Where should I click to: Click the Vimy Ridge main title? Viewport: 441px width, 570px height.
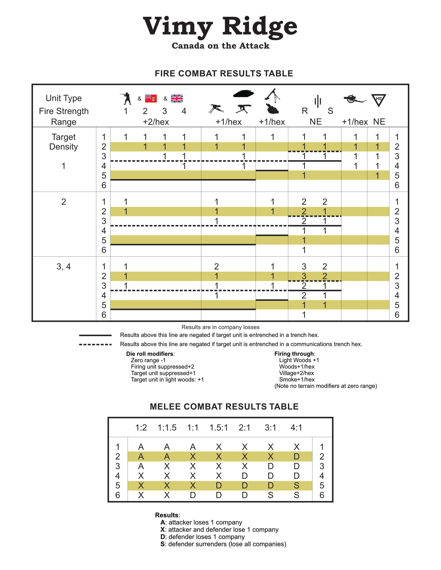[x=220, y=27]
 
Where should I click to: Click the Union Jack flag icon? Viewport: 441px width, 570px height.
[x=177, y=99]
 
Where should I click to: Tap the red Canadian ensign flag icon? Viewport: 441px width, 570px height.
[x=151, y=98]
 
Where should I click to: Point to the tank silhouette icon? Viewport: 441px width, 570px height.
[x=243, y=93]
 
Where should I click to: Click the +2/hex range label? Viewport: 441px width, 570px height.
[x=156, y=122]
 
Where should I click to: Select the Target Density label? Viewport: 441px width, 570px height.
[x=63, y=142]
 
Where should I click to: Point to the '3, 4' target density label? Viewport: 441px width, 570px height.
[x=63, y=266]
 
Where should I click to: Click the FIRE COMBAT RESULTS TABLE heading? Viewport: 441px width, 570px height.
[x=224, y=74]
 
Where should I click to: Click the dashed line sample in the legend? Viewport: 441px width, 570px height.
[x=95, y=345]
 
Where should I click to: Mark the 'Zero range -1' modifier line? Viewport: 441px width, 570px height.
[x=148, y=360]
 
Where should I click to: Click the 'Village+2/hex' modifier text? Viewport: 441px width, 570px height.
[x=296, y=373]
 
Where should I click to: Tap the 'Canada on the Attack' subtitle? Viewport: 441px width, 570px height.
[x=220, y=46]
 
